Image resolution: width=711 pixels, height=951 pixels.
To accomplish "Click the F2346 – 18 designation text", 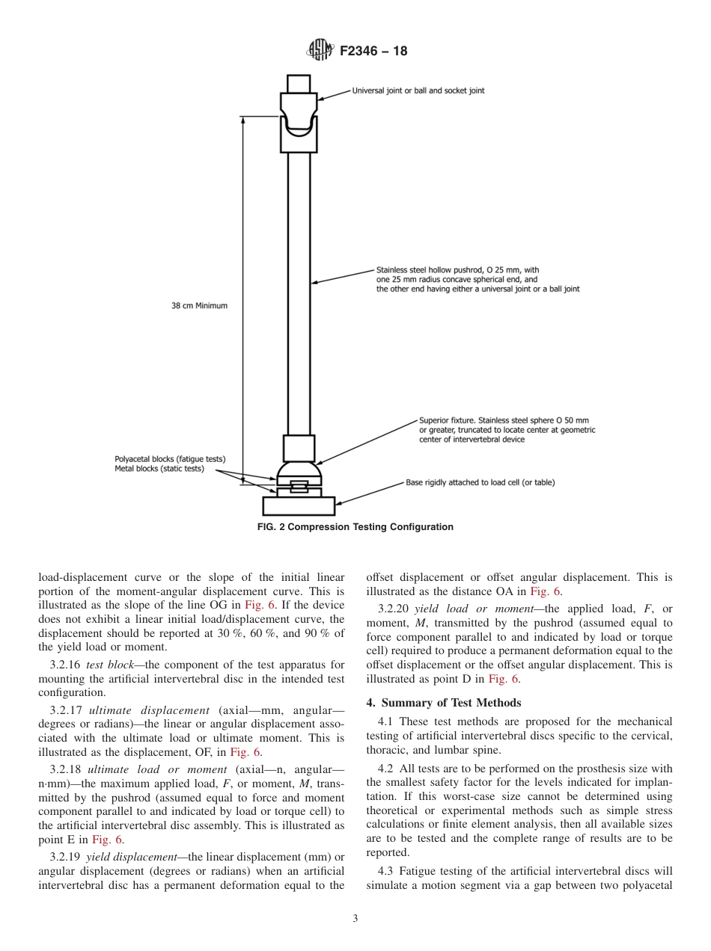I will pos(373,52).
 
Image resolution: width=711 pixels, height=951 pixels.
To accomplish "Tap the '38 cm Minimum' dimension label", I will pos(199,306).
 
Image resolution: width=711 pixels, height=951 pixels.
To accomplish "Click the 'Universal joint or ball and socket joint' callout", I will pos(418,90).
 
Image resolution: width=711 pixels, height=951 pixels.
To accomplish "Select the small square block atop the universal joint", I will pos(299,83).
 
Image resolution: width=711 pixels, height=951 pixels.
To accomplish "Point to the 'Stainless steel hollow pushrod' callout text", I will pos(457,271).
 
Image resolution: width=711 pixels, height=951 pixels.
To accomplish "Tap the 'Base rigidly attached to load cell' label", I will pos(480,482).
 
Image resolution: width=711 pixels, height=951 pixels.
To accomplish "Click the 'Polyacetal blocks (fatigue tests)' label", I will pos(170,459).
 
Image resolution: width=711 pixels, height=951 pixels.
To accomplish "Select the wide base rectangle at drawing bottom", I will pos(299,506).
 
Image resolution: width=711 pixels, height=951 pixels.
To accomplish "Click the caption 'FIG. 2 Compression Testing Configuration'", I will pos(355,527).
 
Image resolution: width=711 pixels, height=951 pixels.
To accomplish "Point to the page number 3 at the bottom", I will pos(355,919).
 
